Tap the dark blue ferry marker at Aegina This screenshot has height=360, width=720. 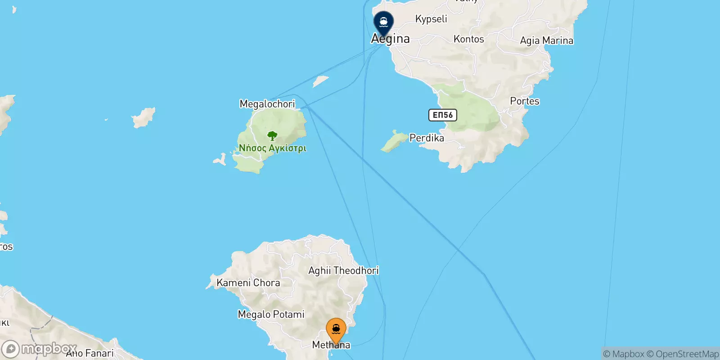[383, 22]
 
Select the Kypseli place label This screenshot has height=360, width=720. [431, 19]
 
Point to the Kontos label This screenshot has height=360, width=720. [468, 39]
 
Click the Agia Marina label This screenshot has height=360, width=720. [546, 40]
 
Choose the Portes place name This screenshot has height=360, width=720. [524, 101]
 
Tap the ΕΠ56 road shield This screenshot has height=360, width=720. [442, 115]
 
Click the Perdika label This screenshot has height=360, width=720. [427, 138]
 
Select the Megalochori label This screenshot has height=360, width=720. [267, 104]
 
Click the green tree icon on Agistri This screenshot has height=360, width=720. [272, 135]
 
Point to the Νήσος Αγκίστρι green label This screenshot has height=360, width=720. [272, 148]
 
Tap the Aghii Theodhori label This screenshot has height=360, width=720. [343, 270]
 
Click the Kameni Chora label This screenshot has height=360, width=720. [248, 283]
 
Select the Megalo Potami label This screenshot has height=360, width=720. [271, 314]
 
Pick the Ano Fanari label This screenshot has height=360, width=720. [90, 354]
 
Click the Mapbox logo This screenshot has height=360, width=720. [40, 349]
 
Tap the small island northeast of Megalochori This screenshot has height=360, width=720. [320, 81]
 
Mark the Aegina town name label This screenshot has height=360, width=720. [391, 39]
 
